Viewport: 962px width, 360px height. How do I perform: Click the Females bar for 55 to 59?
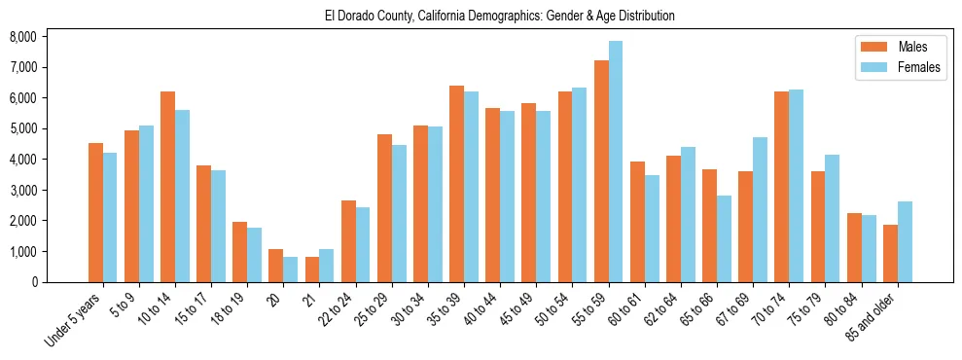(x=616, y=162)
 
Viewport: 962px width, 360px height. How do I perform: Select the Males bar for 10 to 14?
(x=167, y=187)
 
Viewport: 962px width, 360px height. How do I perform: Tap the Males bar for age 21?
(x=312, y=270)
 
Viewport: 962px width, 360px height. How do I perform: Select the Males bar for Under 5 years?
(x=95, y=213)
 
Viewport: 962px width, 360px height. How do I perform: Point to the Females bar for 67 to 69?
(x=760, y=209)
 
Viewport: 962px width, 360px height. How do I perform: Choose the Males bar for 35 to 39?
(x=456, y=184)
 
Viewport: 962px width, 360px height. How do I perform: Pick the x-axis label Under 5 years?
(x=74, y=320)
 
